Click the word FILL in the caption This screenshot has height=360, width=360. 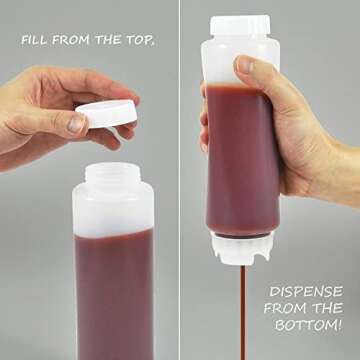point(38,43)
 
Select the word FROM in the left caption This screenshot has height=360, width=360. point(79,43)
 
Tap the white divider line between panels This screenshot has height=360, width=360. point(180,180)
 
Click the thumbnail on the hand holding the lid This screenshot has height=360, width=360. point(77,124)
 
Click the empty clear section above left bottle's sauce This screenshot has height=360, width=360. point(112,215)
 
